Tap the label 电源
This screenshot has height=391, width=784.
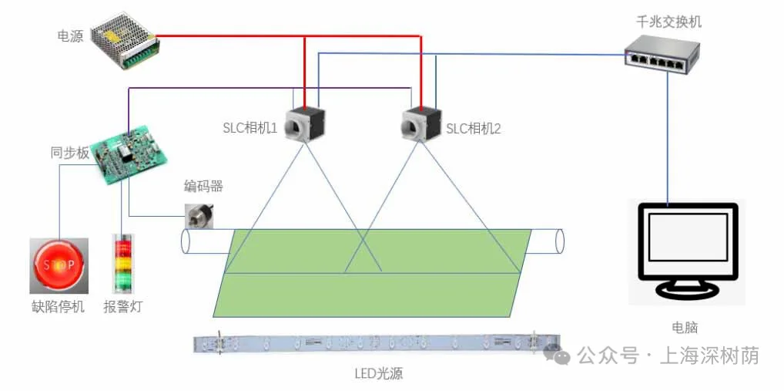(70, 36)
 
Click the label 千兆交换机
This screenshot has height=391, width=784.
(668, 22)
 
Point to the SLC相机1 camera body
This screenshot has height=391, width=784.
(305, 124)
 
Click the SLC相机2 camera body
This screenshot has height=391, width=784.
(421, 123)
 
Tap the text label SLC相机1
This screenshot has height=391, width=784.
(250, 128)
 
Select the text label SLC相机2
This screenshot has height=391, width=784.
(474, 129)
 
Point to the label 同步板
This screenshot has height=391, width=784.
(70, 153)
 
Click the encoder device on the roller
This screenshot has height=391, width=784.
(199, 215)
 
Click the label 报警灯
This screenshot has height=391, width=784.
(123, 307)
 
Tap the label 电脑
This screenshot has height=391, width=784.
(685, 327)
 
